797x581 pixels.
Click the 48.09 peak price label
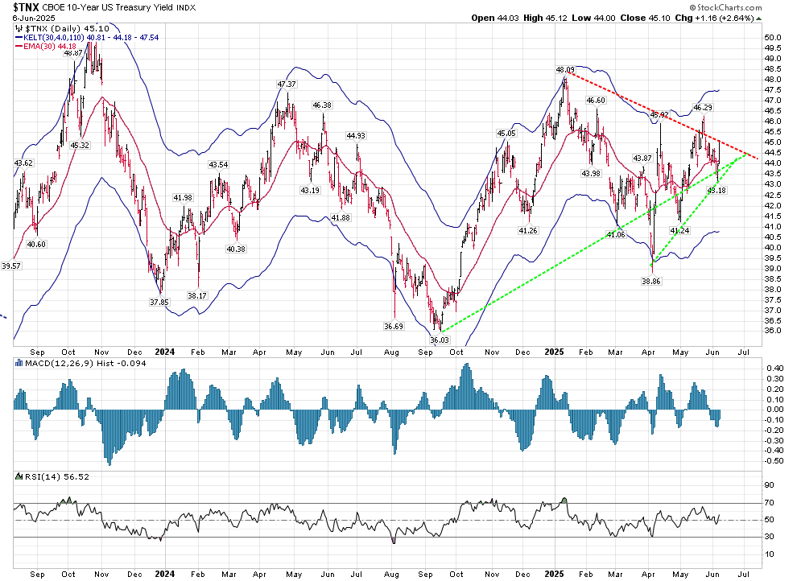[x=565, y=70]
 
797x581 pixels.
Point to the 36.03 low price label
[x=440, y=340]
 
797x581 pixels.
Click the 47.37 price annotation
[x=287, y=84]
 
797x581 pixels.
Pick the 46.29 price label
[x=703, y=107]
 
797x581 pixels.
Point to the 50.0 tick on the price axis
[x=773, y=37]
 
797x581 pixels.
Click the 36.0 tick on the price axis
[x=773, y=330]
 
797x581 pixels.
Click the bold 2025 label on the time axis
[x=555, y=352]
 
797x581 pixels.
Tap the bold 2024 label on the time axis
[x=165, y=352]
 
